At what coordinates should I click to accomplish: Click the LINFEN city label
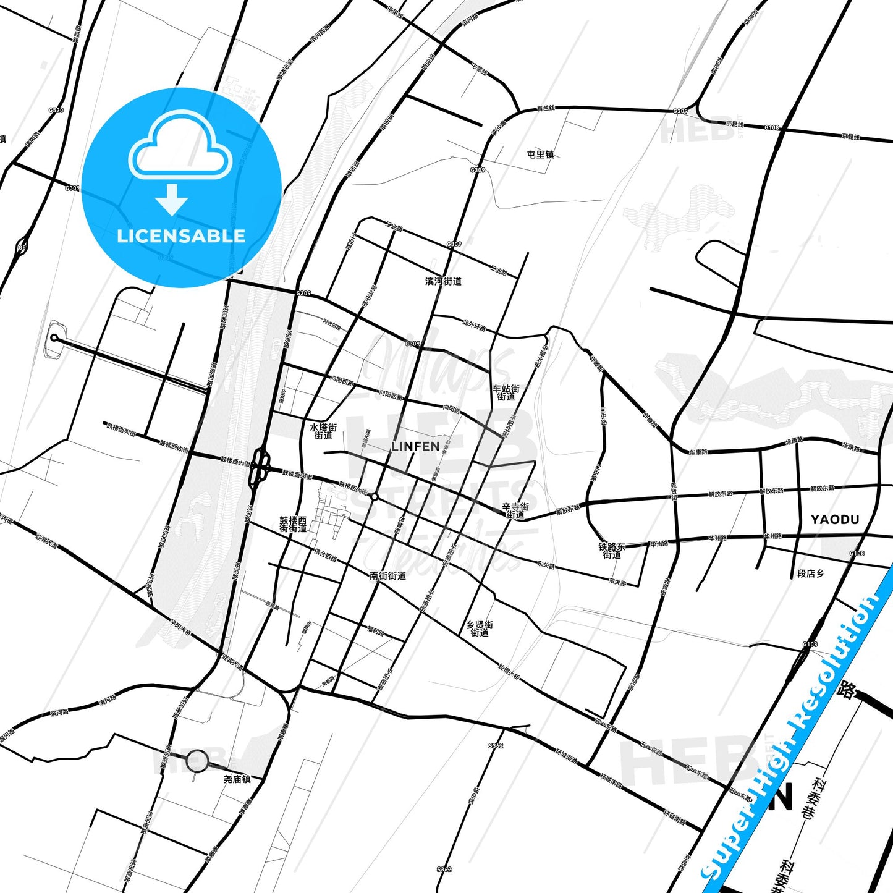(x=415, y=446)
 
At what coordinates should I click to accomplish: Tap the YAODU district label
(x=835, y=520)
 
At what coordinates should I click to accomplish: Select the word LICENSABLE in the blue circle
(x=181, y=236)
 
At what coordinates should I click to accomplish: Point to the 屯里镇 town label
(x=540, y=154)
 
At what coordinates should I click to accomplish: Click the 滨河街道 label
(x=443, y=281)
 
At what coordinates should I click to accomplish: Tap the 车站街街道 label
(x=506, y=392)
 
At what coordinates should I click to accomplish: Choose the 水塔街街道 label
(x=323, y=431)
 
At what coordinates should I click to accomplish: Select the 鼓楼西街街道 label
(x=293, y=524)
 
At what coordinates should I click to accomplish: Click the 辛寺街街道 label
(x=515, y=510)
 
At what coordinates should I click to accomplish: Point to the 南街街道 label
(x=387, y=576)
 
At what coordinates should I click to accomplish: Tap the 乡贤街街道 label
(x=480, y=628)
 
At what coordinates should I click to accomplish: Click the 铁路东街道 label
(x=612, y=551)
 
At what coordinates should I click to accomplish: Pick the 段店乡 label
(x=810, y=573)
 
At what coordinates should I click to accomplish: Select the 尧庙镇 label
(x=237, y=779)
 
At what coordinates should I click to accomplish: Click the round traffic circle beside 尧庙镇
(x=197, y=761)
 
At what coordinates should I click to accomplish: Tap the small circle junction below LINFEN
(x=375, y=496)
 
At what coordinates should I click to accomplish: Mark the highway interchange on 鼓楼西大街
(x=260, y=468)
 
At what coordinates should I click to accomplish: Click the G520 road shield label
(x=56, y=110)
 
